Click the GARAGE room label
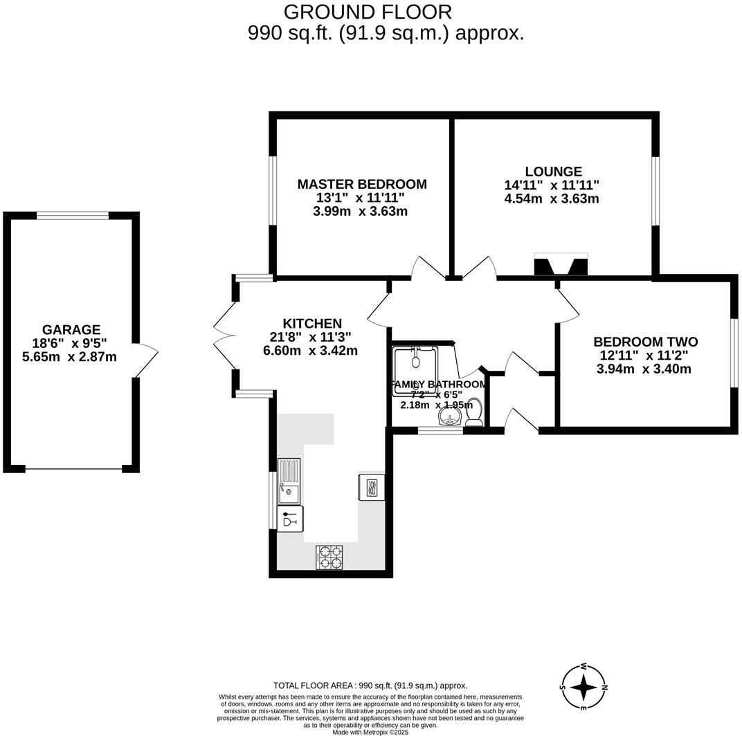click(x=71, y=330)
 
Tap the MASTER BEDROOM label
click(x=362, y=184)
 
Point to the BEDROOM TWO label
click(x=645, y=342)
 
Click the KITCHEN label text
click(x=312, y=323)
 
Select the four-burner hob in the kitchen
click(x=329, y=557)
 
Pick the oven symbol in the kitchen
click(x=371, y=486)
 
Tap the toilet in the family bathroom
click(x=474, y=412)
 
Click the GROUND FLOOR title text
click(x=368, y=12)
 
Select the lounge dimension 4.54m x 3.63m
click(x=552, y=199)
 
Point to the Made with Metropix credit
click(x=370, y=732)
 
